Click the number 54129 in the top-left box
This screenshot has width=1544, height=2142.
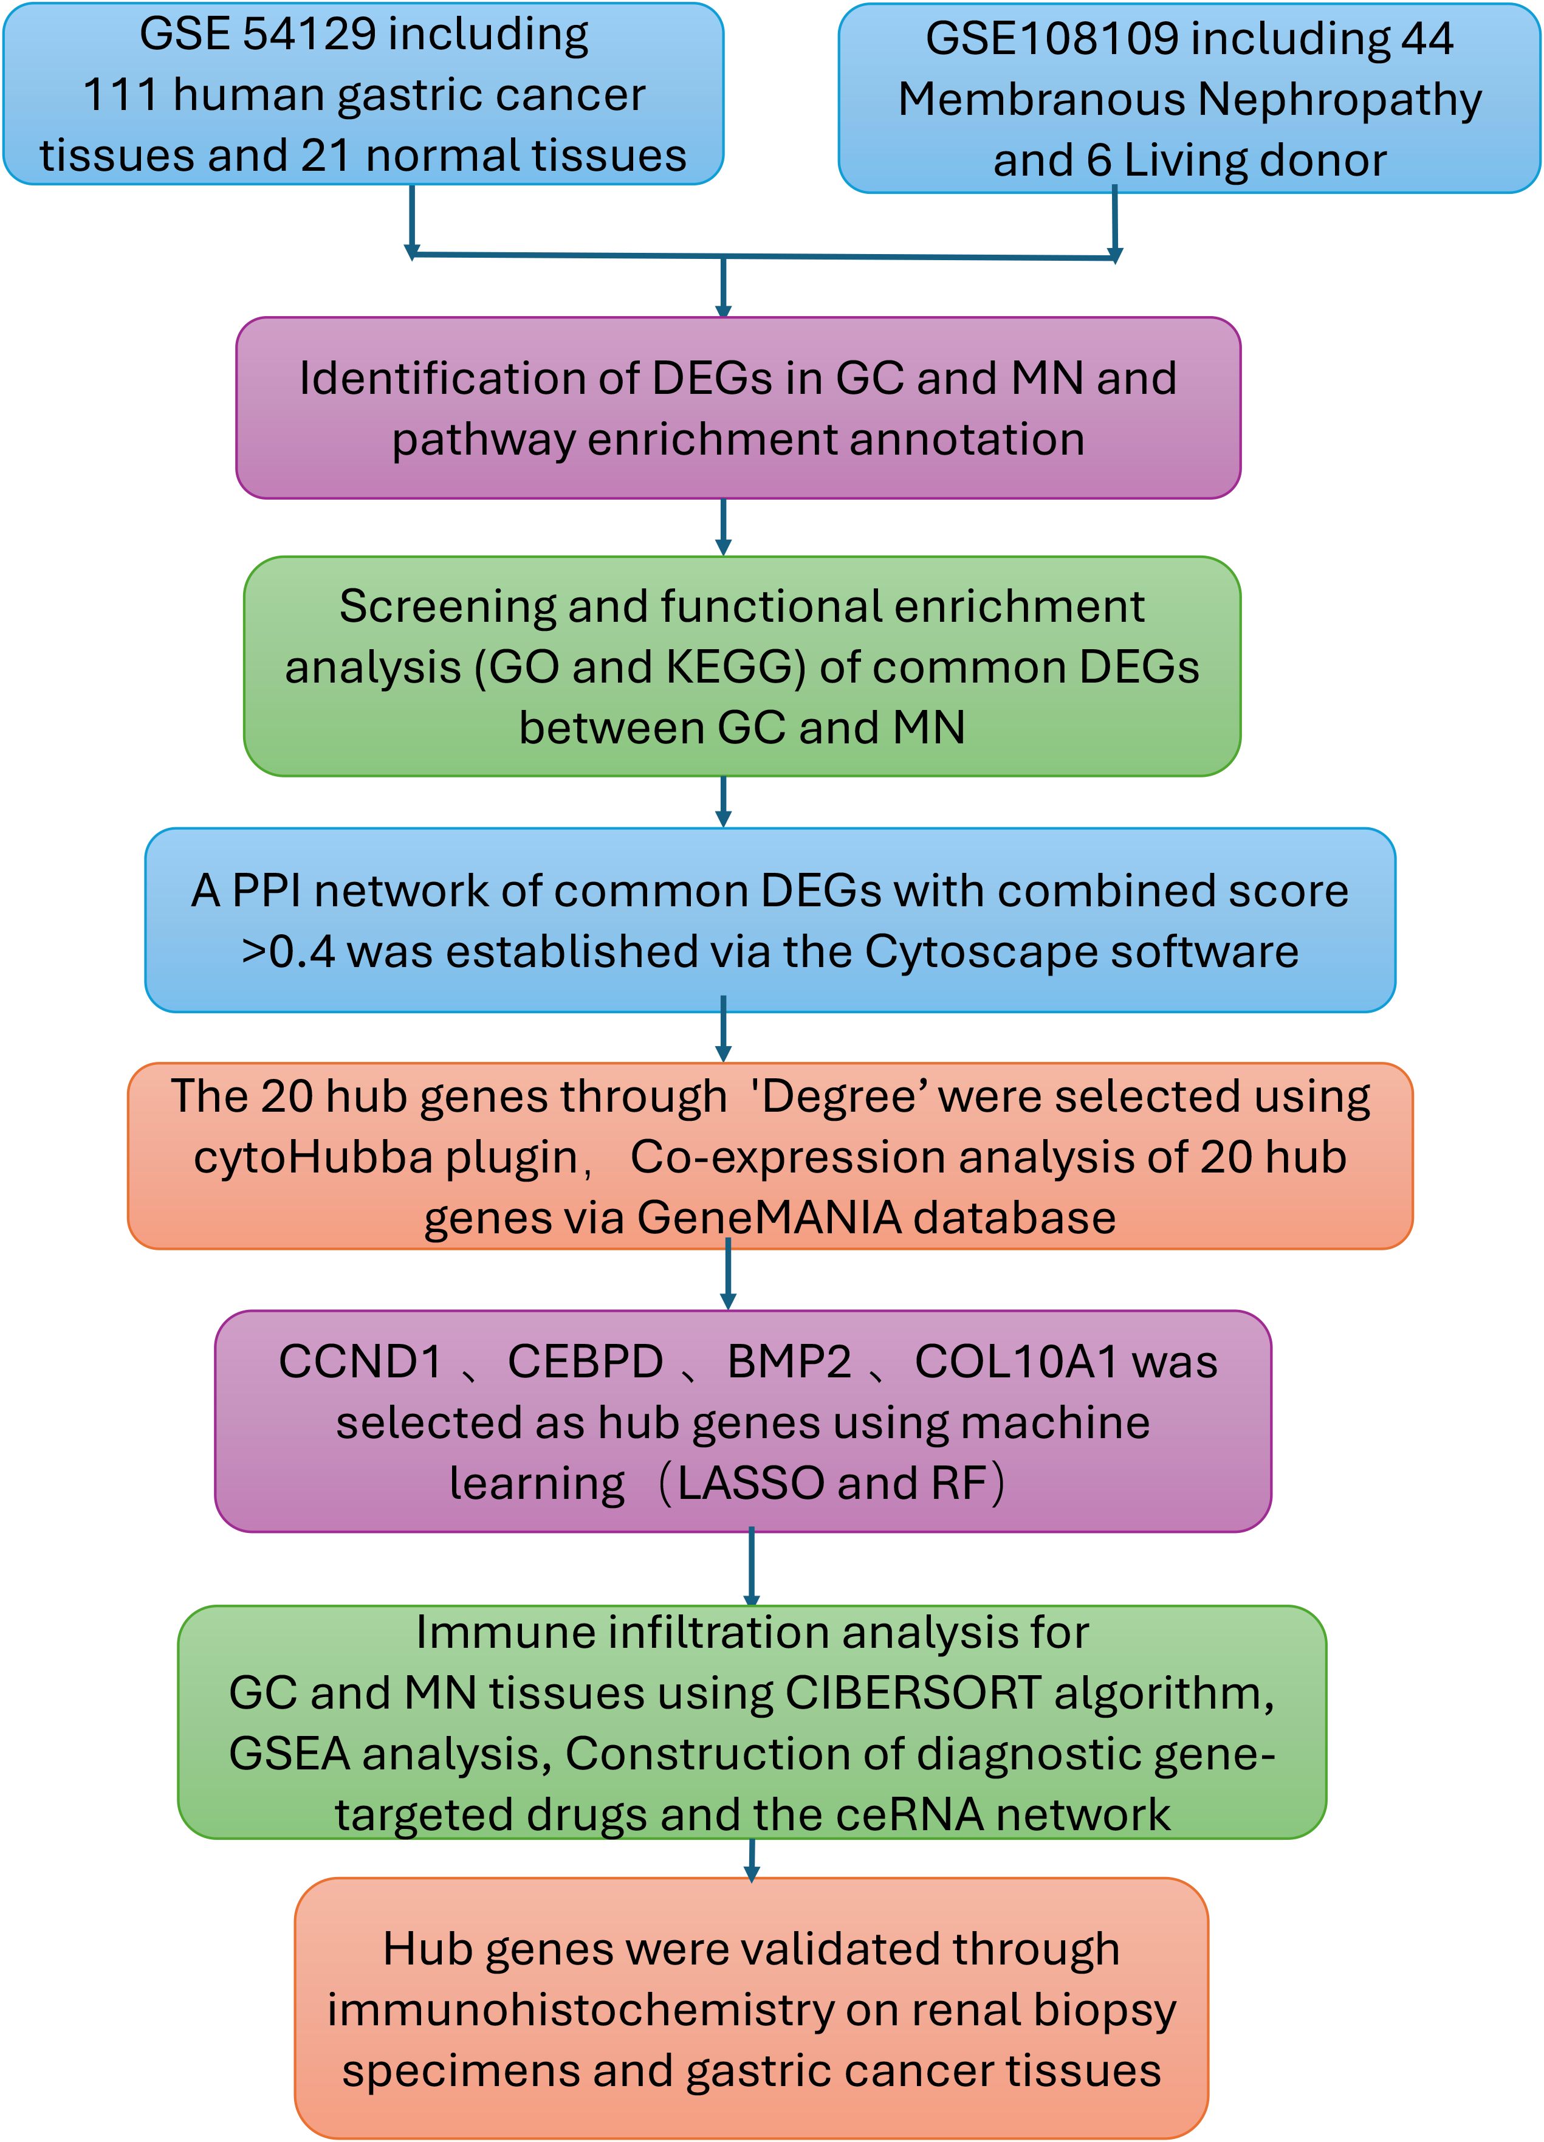[x=309, y=35]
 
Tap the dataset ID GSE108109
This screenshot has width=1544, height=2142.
[x=1052, y=40]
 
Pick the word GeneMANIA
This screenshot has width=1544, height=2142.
[x=769, y=1218]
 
